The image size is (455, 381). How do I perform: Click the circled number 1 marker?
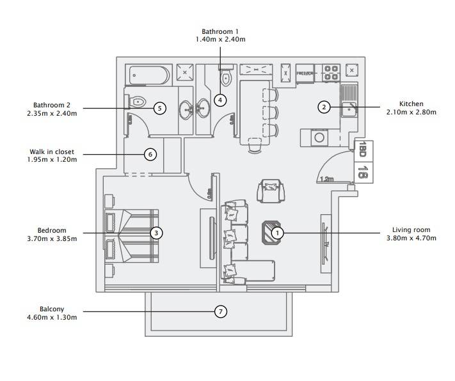point(277,233)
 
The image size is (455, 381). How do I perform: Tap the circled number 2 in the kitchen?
point(324,107)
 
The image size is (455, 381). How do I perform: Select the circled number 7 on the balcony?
point(221,312)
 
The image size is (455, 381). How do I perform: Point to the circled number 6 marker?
point(150,154)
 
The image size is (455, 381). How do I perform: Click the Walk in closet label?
point(52,152)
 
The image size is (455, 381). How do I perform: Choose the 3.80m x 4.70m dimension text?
point(411,238)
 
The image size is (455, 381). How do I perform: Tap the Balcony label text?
point(52,309)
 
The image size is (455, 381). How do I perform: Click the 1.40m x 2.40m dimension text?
point(221,39)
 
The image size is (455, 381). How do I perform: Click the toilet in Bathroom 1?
point(226,77)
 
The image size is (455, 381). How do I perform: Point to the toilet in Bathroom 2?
point(137,102)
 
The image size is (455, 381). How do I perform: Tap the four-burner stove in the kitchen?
point(331,73)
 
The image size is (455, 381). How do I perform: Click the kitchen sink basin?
point(349,109)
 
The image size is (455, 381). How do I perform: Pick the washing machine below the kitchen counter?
point(319,137)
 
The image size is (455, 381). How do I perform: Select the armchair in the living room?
point(271,190)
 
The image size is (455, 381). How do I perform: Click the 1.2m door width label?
point(327,179)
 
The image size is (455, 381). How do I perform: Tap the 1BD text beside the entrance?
point(362,149)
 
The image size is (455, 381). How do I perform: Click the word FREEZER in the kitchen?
point(305,74)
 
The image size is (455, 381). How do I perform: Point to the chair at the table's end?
point(255,145)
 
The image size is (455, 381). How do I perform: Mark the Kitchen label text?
point(411,104)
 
